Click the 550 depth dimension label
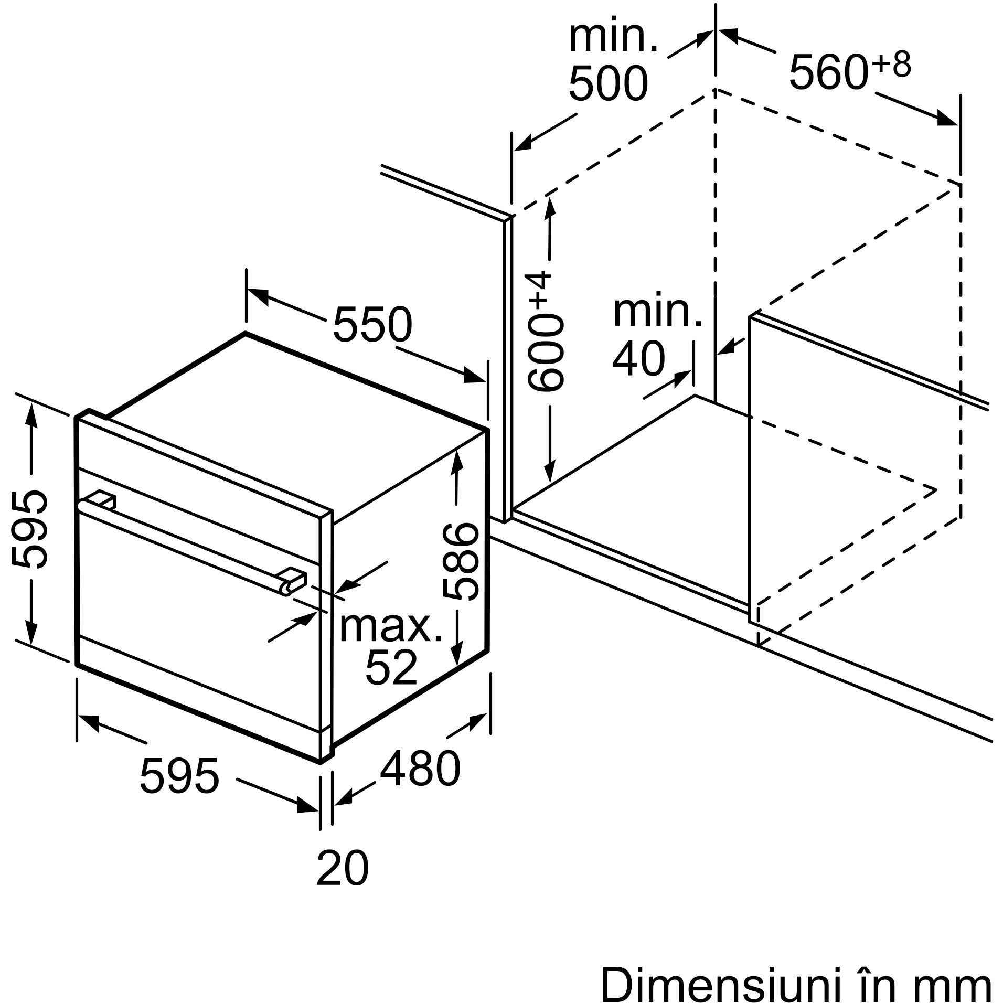click(372, 324)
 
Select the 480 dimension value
click(420, 769)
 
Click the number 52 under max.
click(391, 667)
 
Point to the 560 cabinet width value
click(827, 72)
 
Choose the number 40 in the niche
click(638, 359)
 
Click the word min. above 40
click(657, 313)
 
